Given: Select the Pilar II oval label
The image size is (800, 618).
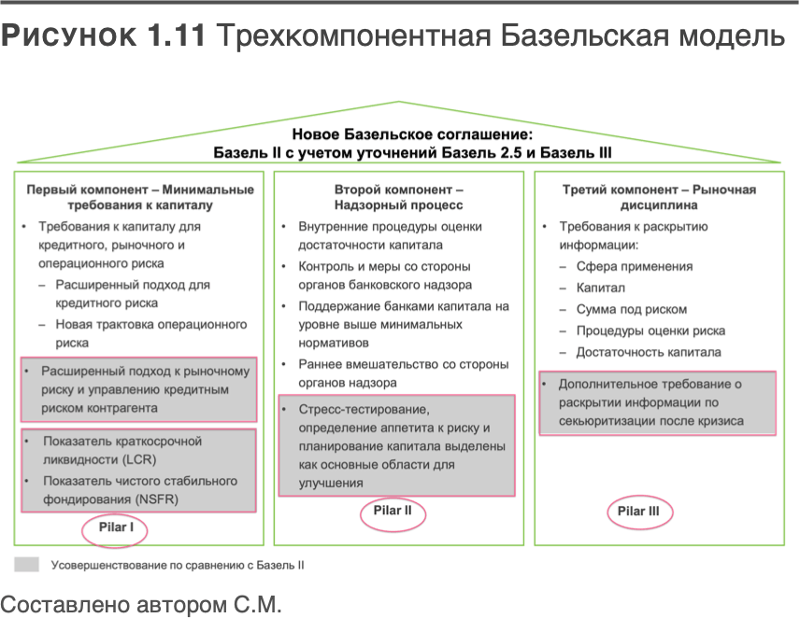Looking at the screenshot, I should [392, 511].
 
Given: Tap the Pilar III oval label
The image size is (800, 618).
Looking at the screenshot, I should [639, 511].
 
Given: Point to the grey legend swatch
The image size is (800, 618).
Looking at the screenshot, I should [27, 565].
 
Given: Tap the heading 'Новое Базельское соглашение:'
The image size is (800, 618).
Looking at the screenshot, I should [399, 134].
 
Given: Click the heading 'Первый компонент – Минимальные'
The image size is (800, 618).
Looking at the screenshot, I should [139, 189].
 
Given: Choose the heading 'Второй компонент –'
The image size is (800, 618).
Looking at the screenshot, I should [398, 189].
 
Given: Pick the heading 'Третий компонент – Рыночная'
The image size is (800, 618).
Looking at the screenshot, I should [659, 189].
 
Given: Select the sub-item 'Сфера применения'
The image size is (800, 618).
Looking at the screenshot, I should [635, 266].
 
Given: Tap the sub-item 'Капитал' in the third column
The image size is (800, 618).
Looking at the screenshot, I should [600, 288].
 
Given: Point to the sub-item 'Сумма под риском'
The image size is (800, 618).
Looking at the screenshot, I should [632, 309].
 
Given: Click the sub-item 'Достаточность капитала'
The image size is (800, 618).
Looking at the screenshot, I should [649, 352].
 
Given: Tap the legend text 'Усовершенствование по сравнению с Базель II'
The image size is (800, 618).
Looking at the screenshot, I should [178, 565].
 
